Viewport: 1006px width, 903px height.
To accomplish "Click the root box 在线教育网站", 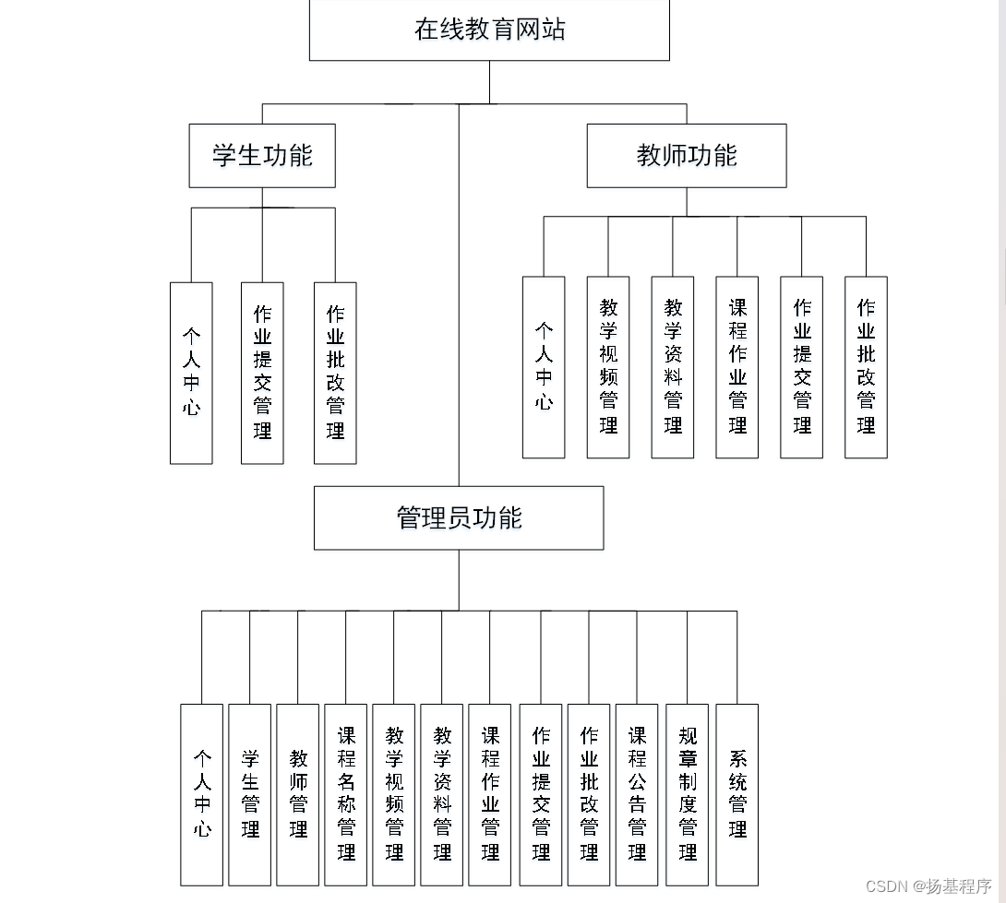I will pyautogui.click(x=489, y=30).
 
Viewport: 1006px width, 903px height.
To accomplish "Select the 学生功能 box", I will pyautogui.click(x=262, y=156).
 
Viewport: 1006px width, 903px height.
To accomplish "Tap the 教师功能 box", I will pyautogui.click(x=687, y=156).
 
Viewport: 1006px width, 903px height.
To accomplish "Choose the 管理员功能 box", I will pyautogui.click(x=459, y=518).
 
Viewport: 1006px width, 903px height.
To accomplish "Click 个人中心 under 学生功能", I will pyautogui.click(x=191, y=373).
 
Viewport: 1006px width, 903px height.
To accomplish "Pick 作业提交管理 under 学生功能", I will pyautogui.click(x=262, y=373).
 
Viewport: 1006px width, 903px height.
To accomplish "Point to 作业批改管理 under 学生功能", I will pyautogui.click(x=335, y=373).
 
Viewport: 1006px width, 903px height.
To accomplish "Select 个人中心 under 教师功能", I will pyautogui.click(x=544, y=367).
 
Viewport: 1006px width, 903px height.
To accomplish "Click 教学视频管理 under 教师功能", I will pyautogui.click(x=608, y=367).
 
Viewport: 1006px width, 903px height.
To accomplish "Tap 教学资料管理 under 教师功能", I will pyautogui.click(x=673, y=367).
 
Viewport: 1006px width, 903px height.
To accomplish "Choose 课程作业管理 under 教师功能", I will pyautogui.click(x=737, y=367).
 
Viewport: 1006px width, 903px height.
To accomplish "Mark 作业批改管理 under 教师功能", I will pyautogui.click(x=866, y=367).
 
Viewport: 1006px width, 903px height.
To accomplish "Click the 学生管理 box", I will pyautogui.click(x=250, y=794).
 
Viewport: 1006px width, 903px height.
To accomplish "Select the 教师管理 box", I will pyautogui.click(x=298, y=794).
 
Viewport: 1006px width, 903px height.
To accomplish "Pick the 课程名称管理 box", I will pyautogui.click(x=346, y=794).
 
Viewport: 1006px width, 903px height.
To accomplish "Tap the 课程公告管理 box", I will pyautogui.click(x=637, y=794).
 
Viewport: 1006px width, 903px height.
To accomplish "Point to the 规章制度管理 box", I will pyautogui.click(x=688, y=794).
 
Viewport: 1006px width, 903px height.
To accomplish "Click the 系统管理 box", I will pyautogui.click(x=737, y=794).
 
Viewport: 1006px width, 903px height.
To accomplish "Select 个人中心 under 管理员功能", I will pyautogui.click(x=202, y=794).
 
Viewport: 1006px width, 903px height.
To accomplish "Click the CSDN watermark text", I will pyautogui.click(x=928, y=886).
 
